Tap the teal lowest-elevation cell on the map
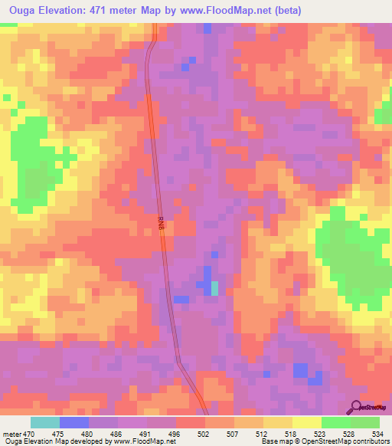[x=215, y=288]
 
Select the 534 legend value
[x=379, y=433]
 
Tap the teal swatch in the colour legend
[x=45, y=422]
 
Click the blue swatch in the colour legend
[x=74, y=422]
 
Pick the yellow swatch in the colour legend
[x=307, y=422]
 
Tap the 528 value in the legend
[x=349, y=433]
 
